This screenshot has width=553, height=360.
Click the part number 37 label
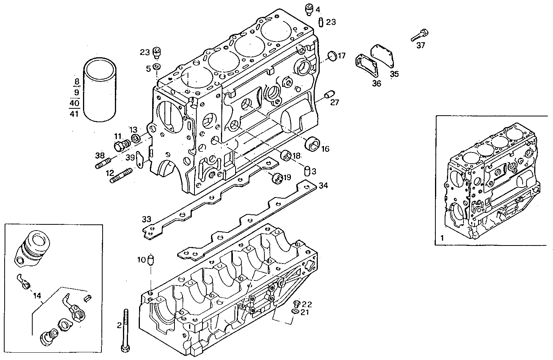421,45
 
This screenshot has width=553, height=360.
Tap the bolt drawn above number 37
419,35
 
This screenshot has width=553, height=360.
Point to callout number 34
323,186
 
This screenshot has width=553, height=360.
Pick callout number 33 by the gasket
146,219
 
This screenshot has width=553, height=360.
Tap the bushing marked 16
312,144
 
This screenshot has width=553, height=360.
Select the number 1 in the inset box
442,238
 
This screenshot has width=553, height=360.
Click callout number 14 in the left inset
37,296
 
